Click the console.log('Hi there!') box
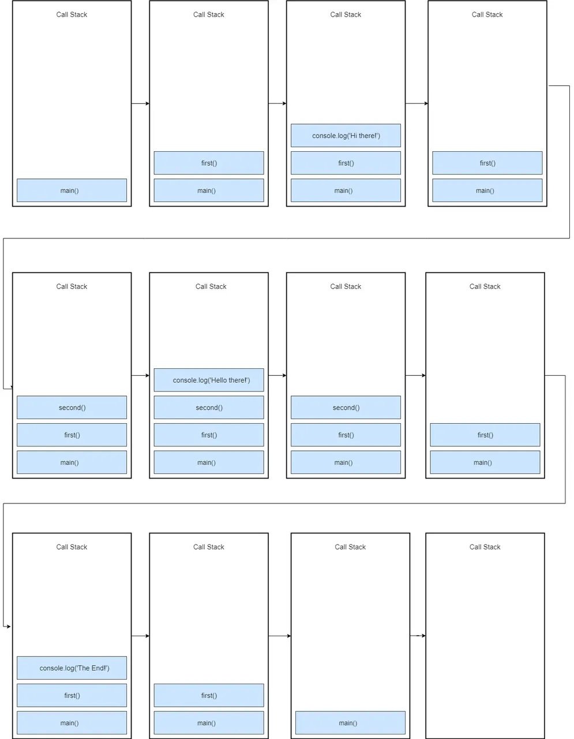coord(346,135)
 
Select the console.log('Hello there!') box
coord(208,380)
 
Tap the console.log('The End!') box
coord(72,667)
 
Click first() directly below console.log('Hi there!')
coord(346,163)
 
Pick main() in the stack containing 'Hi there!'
coord(346,191)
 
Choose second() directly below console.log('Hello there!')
coord(208,408)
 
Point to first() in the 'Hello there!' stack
coord(208,435)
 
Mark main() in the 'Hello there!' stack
coord(208,462)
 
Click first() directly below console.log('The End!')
coord(72,695)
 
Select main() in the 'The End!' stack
coord(72,723)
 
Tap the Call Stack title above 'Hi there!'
coord(346,14)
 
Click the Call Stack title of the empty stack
coord(485,547)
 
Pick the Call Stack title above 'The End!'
coord(72,547)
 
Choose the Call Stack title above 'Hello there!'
coord(211,286)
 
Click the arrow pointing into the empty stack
coord(418,636)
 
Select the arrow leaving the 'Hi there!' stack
coord(417,103)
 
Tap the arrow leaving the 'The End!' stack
coord(140,636)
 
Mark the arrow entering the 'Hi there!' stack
coord(277,103)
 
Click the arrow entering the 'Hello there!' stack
coord(140,375)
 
